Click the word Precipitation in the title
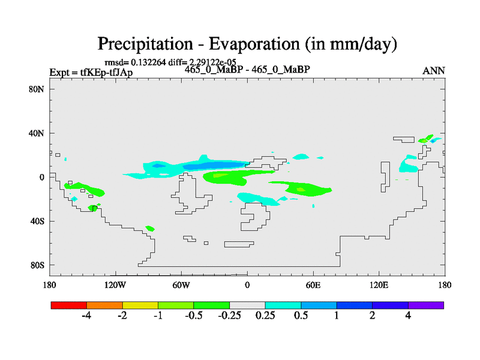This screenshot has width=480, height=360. [145, 44]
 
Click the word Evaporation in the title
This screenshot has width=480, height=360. [254, 44]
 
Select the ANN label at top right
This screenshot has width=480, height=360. [433, 71]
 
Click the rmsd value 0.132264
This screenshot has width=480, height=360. [148, 62]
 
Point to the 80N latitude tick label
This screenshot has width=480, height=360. [37, 89]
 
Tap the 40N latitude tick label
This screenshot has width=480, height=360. [37, 133]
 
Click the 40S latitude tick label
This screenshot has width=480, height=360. [37, 221]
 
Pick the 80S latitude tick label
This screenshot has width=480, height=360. [37, 265]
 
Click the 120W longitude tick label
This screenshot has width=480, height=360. [115, 286]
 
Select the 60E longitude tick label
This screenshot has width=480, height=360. [313, 286]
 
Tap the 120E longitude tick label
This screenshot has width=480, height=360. [379, 286]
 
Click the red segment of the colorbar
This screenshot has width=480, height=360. [69, 305]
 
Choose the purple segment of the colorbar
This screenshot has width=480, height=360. [426, 305]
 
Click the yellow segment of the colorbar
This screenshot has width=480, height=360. [140, 305]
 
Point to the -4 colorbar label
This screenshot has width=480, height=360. [86, 316]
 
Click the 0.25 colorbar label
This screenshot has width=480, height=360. [265, 316]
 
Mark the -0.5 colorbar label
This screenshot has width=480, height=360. [193, 316]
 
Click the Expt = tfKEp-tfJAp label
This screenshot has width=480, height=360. [91, 73]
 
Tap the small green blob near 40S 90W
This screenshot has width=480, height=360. [150, 229]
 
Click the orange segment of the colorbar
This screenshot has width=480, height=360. [104, 305]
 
